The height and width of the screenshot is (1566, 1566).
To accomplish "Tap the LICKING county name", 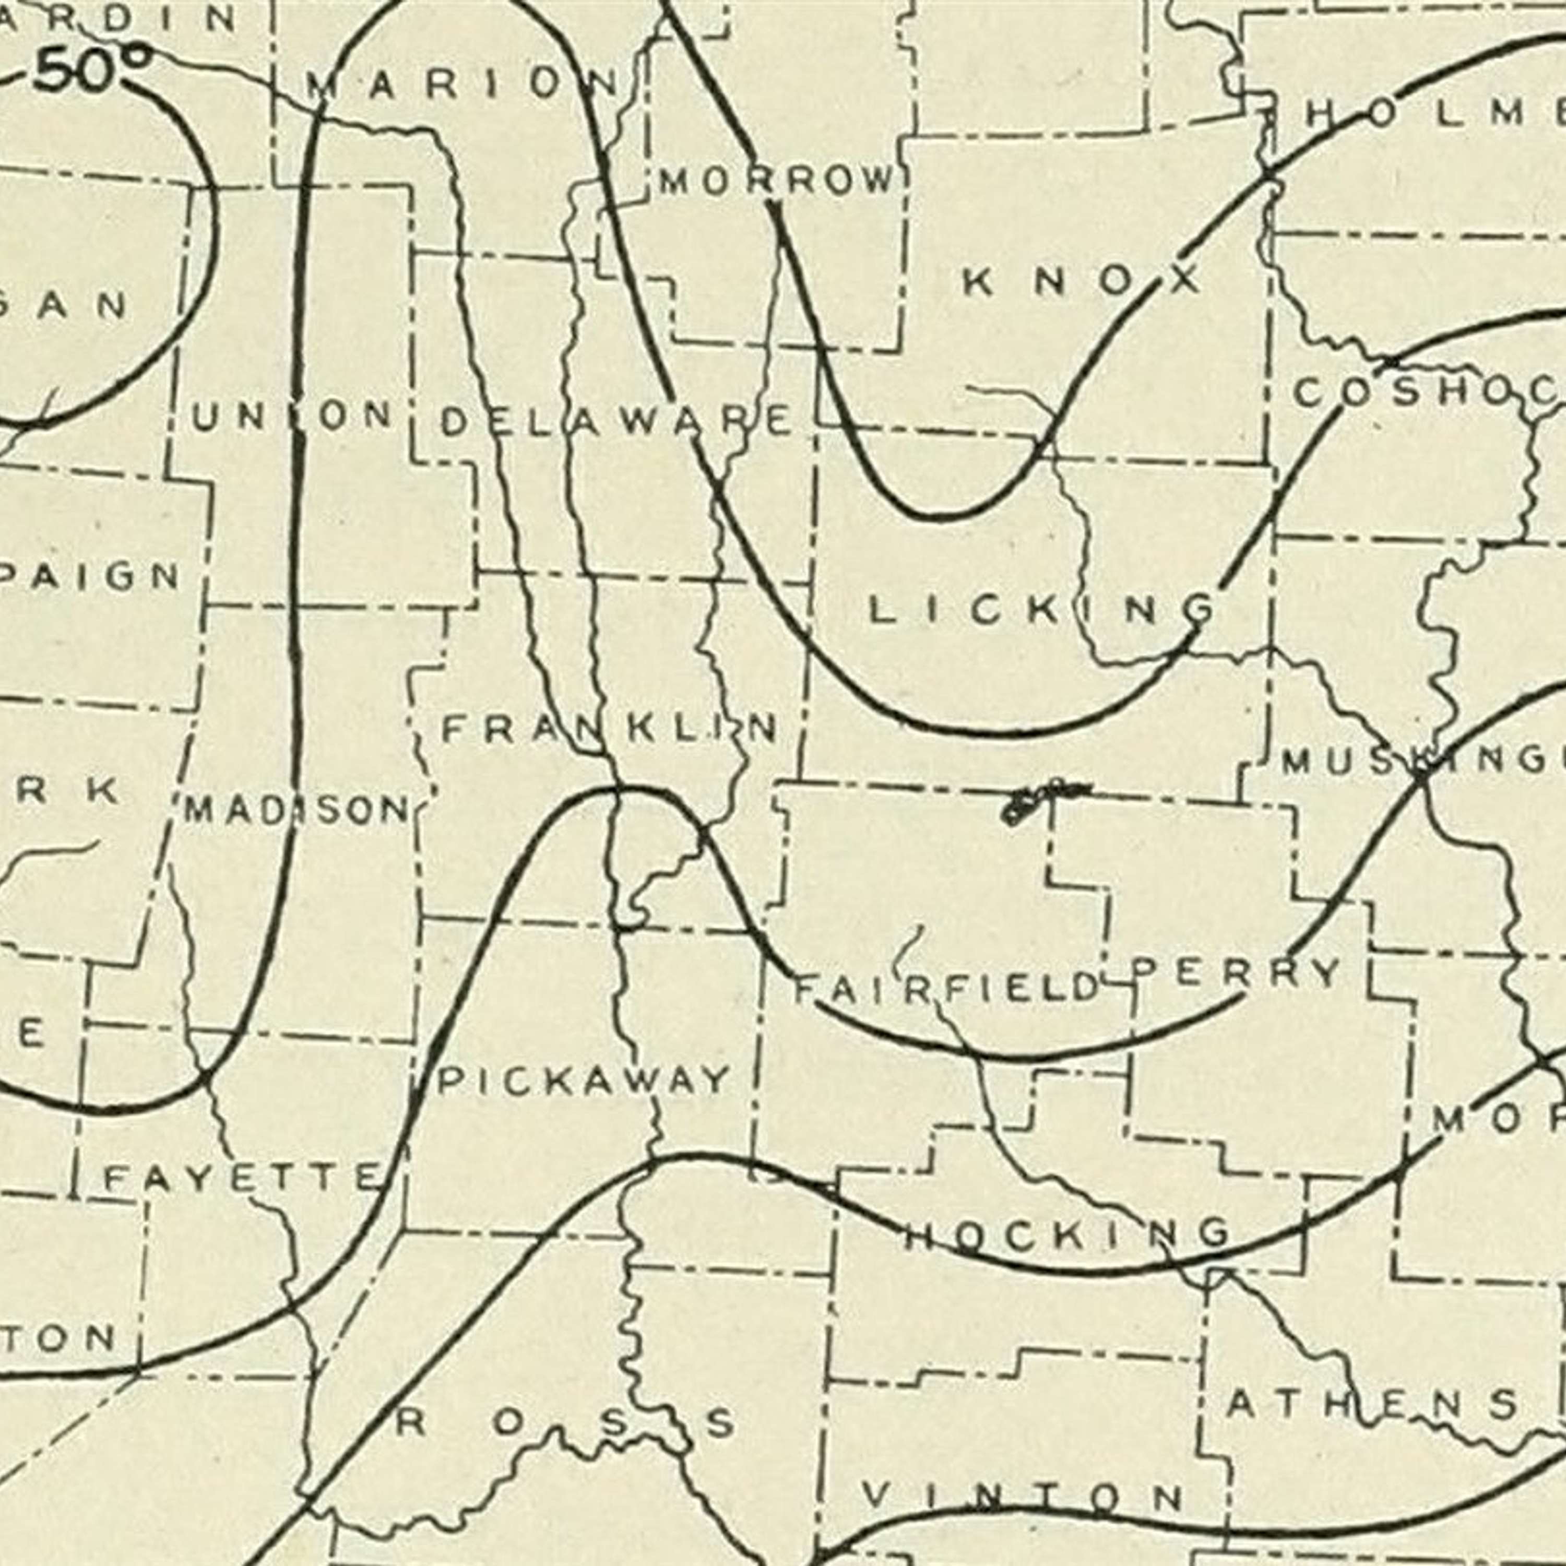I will tap(1041, 610).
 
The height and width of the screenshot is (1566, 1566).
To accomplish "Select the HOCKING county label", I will tap(1066, 1233).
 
